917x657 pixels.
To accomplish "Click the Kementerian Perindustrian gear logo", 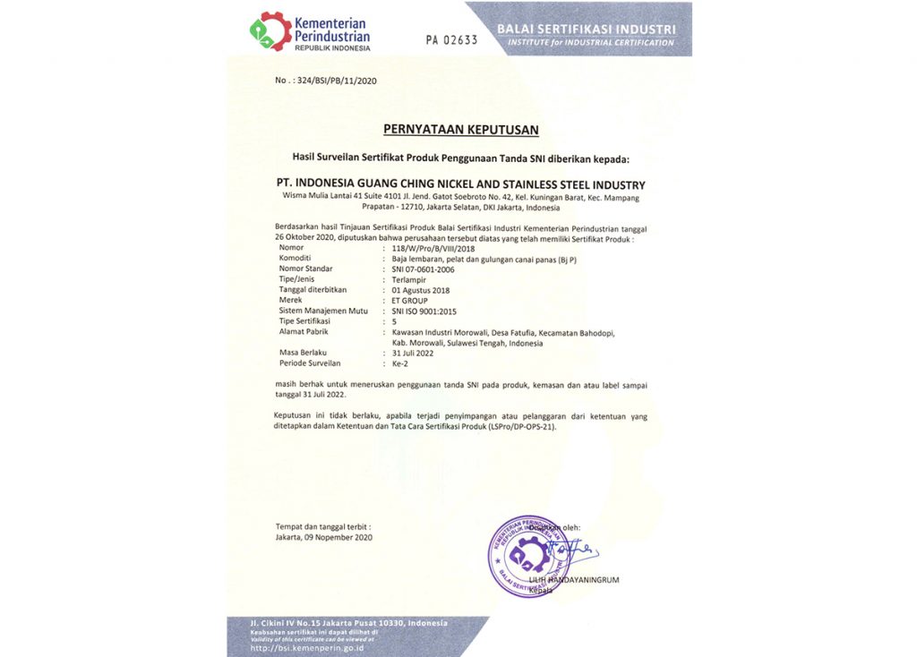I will [270, 31].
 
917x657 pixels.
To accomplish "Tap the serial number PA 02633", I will [451, 40].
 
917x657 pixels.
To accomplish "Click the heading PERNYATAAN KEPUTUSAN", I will [461, 130].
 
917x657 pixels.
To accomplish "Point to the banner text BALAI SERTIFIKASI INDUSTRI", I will [592, 29].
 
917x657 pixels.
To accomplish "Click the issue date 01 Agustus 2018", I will [421, 290].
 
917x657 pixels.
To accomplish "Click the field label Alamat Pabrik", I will [304, 331].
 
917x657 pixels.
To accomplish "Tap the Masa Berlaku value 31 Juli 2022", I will [414, 353].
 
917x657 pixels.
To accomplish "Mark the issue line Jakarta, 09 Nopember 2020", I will [324, 537].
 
